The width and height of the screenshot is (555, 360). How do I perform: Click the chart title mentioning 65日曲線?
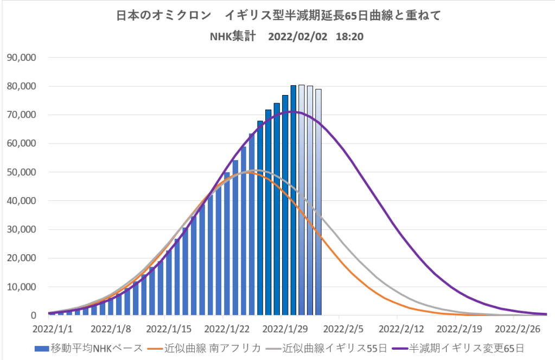click(x=278, y=16)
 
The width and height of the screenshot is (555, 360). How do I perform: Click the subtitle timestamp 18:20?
click(x=350, y=37)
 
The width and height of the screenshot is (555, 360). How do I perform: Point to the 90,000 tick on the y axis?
click(x=21, y=58)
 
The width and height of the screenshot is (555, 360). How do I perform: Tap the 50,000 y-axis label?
click(x=21, y=172)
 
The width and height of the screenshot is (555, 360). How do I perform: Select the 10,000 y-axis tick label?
click(x=21, y=287)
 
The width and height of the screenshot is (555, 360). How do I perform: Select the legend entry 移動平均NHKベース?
click(x=89, y=348)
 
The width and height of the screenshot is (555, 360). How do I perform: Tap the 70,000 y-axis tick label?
click(x=21, y=115)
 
